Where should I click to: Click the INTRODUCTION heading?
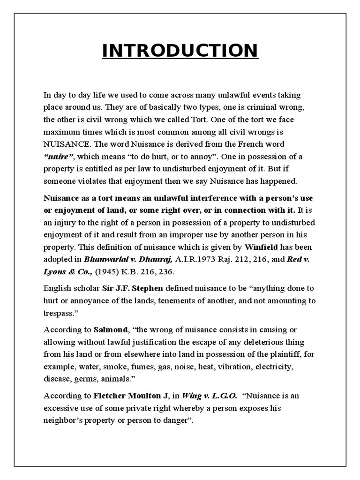coord(180,51)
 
